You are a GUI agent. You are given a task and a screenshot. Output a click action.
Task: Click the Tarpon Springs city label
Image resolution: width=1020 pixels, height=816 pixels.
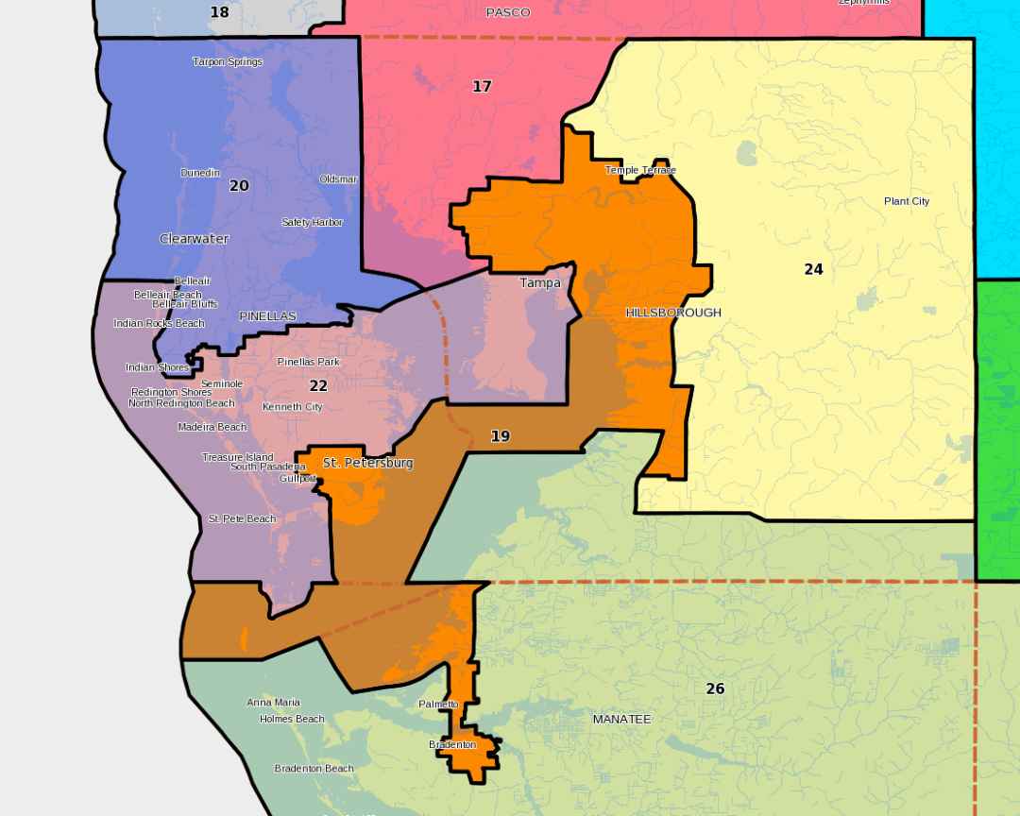[228, 62]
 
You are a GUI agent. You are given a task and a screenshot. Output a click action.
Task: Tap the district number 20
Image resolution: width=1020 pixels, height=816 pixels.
[239, 186]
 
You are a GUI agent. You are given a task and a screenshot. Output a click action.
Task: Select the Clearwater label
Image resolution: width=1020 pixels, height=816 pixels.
[195, 239]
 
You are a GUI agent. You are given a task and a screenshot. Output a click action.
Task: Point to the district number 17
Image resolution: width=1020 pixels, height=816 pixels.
[482, 87]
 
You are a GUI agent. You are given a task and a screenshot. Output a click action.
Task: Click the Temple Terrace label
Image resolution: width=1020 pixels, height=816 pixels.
[640, 171]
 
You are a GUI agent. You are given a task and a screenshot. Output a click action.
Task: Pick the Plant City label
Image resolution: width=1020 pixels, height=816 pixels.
[907, 201]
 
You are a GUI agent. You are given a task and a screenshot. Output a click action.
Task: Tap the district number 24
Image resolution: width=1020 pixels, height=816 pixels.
[813, 270]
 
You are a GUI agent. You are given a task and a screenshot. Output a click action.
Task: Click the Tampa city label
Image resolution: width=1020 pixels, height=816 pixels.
[540, 283]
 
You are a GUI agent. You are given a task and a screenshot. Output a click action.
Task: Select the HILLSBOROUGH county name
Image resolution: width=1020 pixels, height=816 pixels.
[673, 313]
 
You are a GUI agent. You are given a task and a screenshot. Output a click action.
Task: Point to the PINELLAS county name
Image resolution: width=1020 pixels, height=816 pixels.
[267, 316]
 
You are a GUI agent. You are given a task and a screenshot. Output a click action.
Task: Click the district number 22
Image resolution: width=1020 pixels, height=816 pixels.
[318, 386]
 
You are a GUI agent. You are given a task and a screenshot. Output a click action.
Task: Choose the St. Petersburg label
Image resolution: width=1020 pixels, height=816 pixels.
[367, 464]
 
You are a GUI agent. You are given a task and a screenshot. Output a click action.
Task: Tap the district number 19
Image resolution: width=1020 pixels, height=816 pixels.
[501, 436]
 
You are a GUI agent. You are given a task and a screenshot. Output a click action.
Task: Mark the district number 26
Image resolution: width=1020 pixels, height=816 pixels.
[715, 689]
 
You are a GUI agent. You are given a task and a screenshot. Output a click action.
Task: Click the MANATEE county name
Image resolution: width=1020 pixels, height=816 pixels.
[621, 720]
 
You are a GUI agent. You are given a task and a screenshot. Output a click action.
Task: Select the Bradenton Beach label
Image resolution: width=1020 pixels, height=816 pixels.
[314, 769]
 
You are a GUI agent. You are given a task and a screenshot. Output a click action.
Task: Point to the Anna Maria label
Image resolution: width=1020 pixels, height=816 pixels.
[273, 703]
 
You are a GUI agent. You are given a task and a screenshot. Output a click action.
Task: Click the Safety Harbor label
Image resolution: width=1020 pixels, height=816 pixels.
[312, 223]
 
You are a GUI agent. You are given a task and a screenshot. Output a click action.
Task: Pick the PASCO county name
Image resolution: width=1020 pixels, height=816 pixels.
[508, 12]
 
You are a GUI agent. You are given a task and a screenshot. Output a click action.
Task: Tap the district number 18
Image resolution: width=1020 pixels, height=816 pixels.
[219, 13]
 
